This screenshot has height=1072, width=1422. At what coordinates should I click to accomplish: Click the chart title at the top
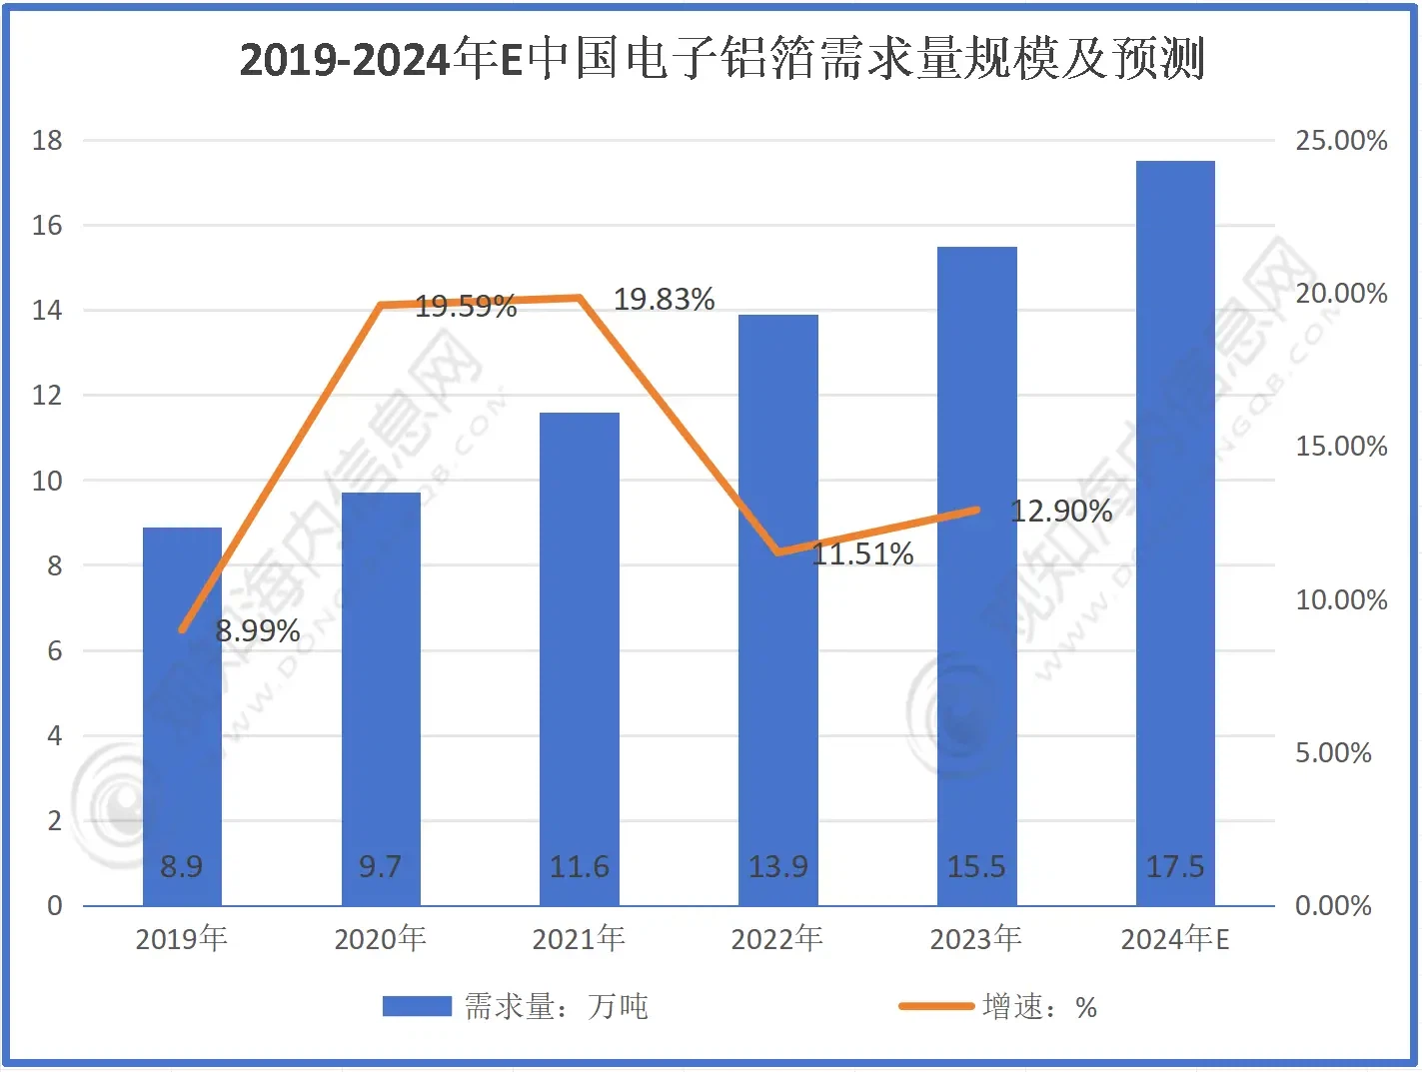721,58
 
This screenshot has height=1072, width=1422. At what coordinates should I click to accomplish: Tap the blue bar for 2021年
580,659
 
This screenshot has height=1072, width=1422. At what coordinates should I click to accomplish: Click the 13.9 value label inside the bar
777,866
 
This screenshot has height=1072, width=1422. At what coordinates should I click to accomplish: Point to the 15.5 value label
976,866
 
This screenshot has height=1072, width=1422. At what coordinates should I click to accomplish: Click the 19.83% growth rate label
664,299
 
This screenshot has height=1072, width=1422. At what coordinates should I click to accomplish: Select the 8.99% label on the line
258,630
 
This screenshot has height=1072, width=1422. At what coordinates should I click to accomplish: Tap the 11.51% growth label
862,553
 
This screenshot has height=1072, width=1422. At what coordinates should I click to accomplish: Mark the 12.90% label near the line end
1061,511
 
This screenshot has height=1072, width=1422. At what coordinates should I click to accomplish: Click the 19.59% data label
466,306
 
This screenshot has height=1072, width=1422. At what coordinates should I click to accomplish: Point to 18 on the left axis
47,140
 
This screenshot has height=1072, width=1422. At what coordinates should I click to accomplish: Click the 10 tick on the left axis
47,481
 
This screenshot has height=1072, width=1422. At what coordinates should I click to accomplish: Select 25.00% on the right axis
1341,140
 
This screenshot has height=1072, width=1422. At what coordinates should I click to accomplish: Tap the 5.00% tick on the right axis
1333,752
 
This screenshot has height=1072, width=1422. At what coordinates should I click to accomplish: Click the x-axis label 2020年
380,938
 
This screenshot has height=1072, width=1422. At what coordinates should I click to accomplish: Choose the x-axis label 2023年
976,938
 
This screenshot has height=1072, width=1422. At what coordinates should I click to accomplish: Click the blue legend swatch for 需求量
417,1006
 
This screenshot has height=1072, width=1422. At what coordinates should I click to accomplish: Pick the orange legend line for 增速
935,1006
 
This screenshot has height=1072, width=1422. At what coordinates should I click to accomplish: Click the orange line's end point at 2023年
976,510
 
